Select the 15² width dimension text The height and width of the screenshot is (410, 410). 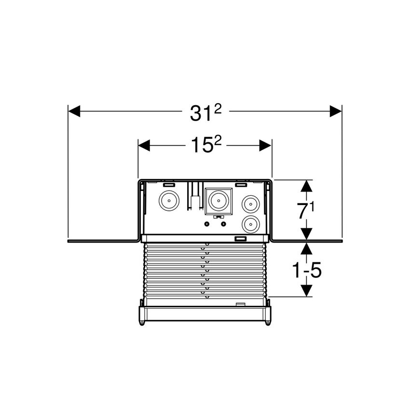coord(205,145)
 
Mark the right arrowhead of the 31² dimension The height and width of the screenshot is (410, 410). coord(336,111)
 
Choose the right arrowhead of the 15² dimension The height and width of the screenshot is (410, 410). coord(266,145)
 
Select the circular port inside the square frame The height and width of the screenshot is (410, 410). coord(218,200)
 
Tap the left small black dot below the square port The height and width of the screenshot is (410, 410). coord(207,224)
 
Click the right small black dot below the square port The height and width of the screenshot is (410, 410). coord(223,224)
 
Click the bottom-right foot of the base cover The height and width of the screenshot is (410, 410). coord(268,322)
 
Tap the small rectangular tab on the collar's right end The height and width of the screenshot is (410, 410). coord(240,238)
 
